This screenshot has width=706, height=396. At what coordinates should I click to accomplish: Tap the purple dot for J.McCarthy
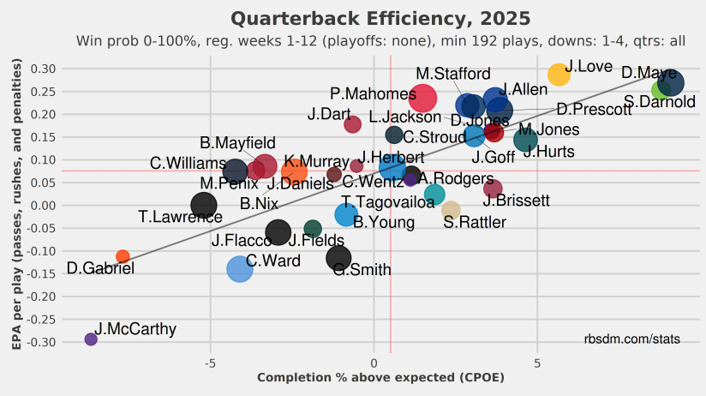tap(91, 339)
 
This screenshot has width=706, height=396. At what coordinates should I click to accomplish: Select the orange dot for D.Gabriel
tap(123, 256)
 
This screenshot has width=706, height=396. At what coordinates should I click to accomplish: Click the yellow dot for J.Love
tap(559, 75)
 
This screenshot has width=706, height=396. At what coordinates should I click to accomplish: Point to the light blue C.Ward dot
tap(240, 269)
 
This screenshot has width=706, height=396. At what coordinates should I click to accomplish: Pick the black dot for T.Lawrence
tap(203, 205)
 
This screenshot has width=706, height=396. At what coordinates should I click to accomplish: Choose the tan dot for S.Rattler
tap(451, 210)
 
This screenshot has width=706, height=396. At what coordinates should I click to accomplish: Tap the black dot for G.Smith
tap(339, 257)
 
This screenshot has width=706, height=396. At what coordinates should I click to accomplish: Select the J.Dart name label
tap(325, 114)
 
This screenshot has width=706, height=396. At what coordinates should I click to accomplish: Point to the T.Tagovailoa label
tap(388, 202)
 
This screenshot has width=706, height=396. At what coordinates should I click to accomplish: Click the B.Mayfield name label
tap(237, 142)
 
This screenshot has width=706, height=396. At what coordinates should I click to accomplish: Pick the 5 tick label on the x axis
tap(537, 363)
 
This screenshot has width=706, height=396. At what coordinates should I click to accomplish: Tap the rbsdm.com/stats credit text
tap(632, 339)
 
